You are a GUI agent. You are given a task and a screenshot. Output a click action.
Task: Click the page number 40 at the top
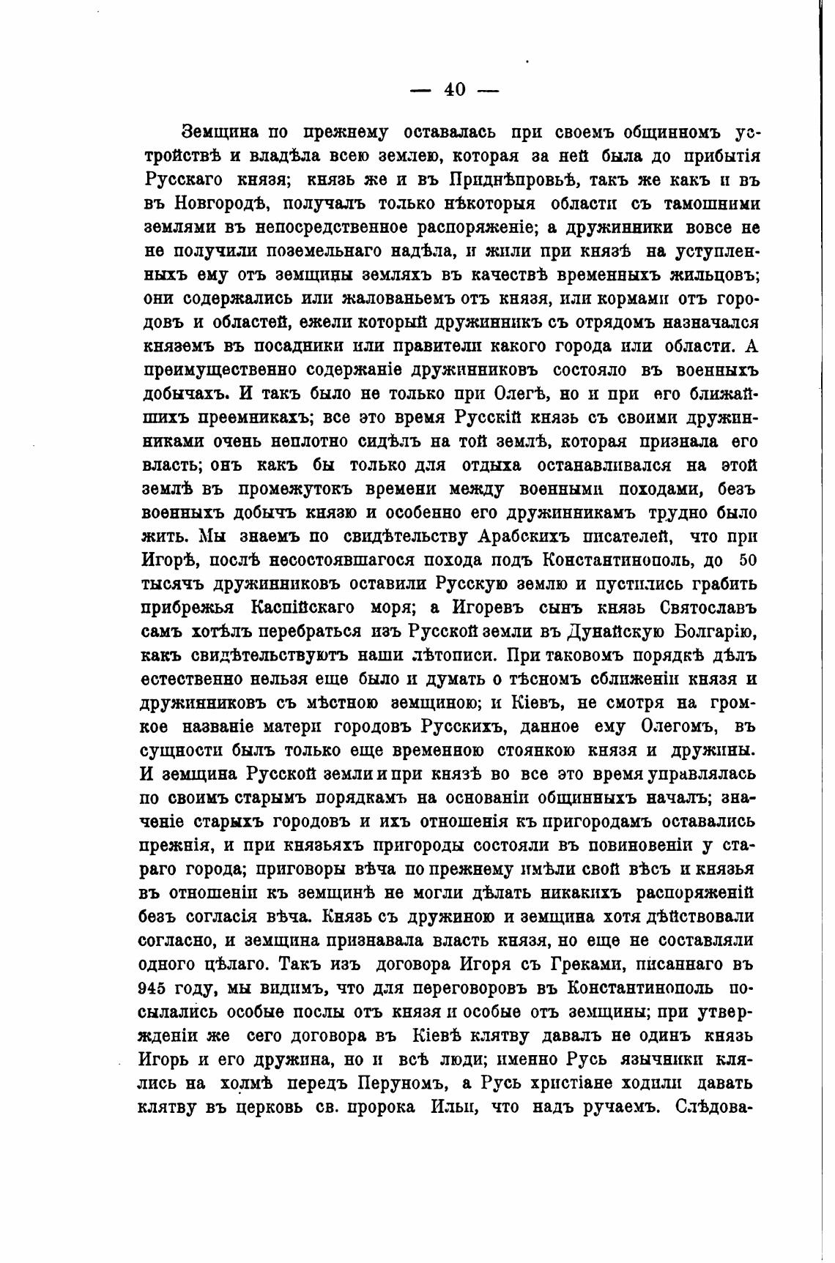(x=454, y=89)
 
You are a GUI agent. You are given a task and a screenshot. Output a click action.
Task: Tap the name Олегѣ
(x=515, y=394)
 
